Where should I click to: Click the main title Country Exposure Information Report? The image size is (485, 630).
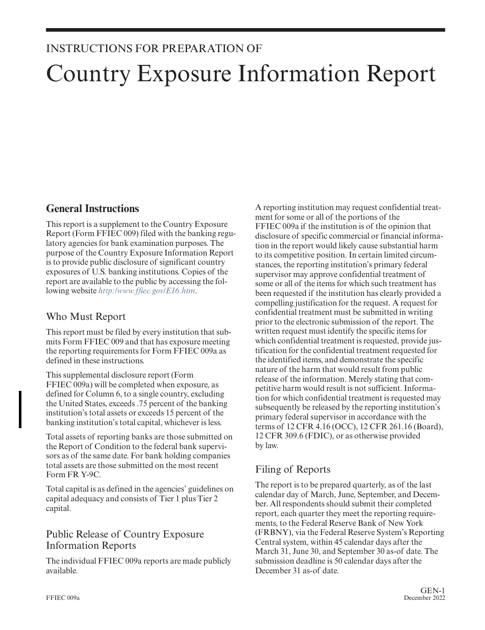(x=241, y=74)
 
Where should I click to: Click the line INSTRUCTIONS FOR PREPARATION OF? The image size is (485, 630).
(x=154, y=49)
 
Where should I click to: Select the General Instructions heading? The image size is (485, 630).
(x=92, y=208)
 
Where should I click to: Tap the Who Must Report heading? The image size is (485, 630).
(x=86, y=316)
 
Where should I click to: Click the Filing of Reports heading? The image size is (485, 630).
(x=293, y=469)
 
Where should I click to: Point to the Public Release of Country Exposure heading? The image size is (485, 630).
(x=125, y=534)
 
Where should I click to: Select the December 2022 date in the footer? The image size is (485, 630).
(x=424, y=598)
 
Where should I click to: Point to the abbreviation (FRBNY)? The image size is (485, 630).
(x=273, y=532)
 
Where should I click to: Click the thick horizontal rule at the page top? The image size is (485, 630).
(x=245, y=30)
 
